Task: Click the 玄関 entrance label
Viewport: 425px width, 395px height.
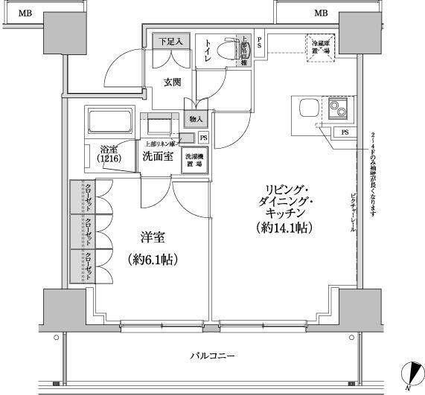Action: tap(172, 83)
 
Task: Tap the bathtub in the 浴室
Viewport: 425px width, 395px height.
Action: tap(111, 121)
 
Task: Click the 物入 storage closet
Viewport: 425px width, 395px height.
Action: tap(196, 119)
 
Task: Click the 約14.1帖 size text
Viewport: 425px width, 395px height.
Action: tap(282, 228)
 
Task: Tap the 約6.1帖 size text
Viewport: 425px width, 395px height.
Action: tap(152, 260)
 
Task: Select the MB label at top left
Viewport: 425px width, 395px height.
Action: tap(25, 13)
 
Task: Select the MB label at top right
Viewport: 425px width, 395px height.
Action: tap(321, 13)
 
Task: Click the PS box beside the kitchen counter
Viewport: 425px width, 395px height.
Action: tap(344, 132)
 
